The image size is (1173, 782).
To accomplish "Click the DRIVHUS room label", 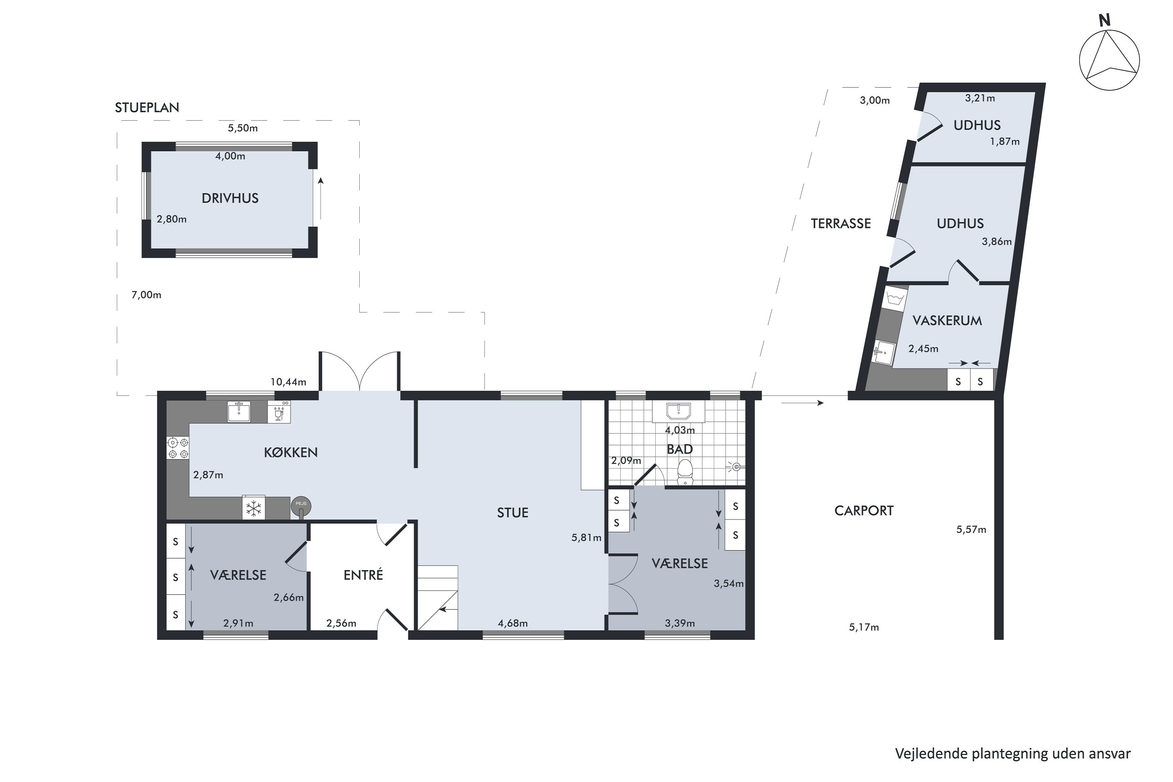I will pyautogui.click(x=230, y=199).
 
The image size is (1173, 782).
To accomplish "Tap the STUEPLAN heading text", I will pyautogui.click(x=147, y=108).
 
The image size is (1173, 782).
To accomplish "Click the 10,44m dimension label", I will pyautogui.click(x=288, y=382).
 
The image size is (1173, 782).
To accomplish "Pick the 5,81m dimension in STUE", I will pyautogui.click(x=586, y=538).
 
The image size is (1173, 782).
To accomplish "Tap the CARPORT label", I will pyautogui.click(x=864, y=511).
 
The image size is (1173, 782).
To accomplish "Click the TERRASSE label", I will pyautogui.click(x=841, y=224).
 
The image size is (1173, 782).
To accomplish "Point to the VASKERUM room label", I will pyautogui.click(x=947, y=321).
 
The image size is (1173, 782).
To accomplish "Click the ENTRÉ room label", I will pyautogui.click(x=363, y=576).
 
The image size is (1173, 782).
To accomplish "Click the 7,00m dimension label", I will pyautogui.click(x=146, y=295).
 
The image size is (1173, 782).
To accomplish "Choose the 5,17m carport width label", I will pyautogui.click(x=864, y=628).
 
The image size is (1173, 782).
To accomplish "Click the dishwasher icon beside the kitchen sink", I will pyautogui.click(x=279, y=413).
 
